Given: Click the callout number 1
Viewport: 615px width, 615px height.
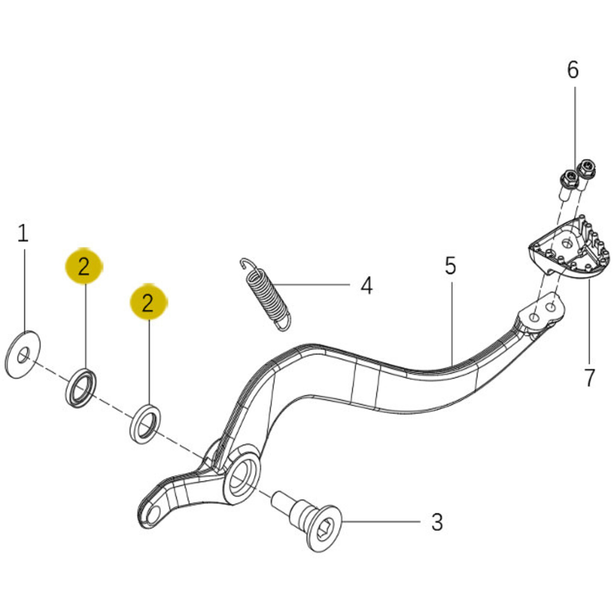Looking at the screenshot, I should coord(23,233).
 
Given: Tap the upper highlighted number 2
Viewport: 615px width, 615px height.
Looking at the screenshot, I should coord(84,266).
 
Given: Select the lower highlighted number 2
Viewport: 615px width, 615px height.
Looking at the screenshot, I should coord(148,303).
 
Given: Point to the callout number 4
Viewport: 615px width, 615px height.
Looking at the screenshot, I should coord(367,286).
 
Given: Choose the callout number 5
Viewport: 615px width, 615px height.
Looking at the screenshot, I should coord(450,265).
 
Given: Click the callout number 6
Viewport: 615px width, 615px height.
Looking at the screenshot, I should coord(573,70).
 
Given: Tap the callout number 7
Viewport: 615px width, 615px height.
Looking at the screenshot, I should coord(589,377).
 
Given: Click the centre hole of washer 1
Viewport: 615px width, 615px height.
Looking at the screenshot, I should coord(23,354).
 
